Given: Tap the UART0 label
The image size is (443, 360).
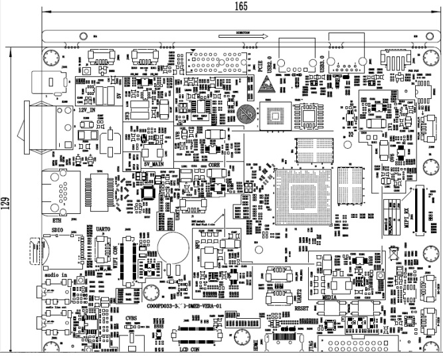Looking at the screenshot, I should point(104,228).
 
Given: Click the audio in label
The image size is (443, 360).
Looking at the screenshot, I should point(56,274).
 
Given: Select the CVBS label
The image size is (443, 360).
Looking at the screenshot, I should point(131,318).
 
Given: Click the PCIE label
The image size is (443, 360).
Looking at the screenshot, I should point(260,64).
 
